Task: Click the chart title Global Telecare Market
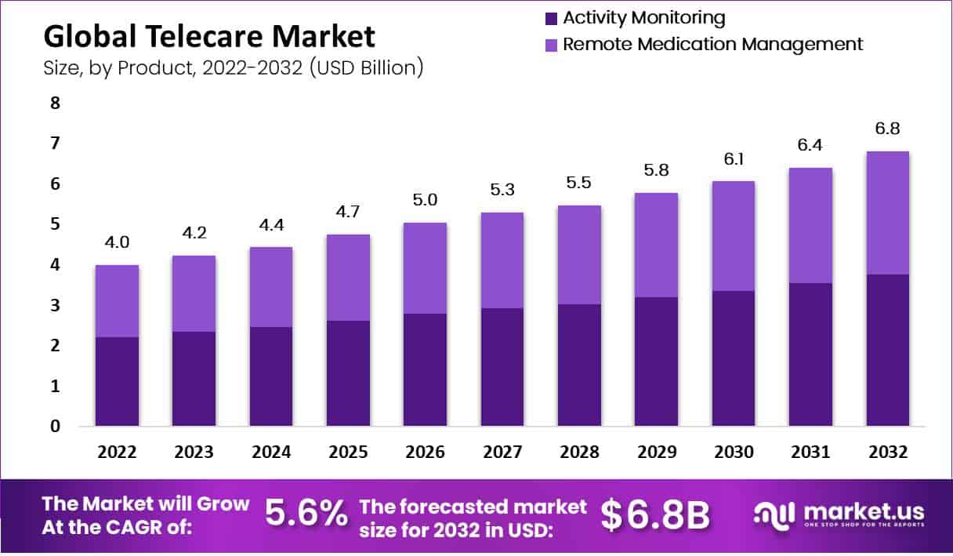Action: point(209,36)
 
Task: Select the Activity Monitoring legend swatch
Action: point(551,18)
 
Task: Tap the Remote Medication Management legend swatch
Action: point(551,45)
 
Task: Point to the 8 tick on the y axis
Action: point(55,103)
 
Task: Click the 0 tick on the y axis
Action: point(55,427)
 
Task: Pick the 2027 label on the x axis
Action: point(502,452)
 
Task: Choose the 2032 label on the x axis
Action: point(888,452)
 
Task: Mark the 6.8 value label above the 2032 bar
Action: point(888,128)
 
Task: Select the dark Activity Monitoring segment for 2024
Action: point(271,376)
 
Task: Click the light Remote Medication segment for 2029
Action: point(656,245)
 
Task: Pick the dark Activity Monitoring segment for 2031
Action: point(810,354)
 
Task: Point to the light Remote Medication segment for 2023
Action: point(194,293)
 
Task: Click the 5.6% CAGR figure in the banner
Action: point(306,514)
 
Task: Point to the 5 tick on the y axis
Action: point(55,224)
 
